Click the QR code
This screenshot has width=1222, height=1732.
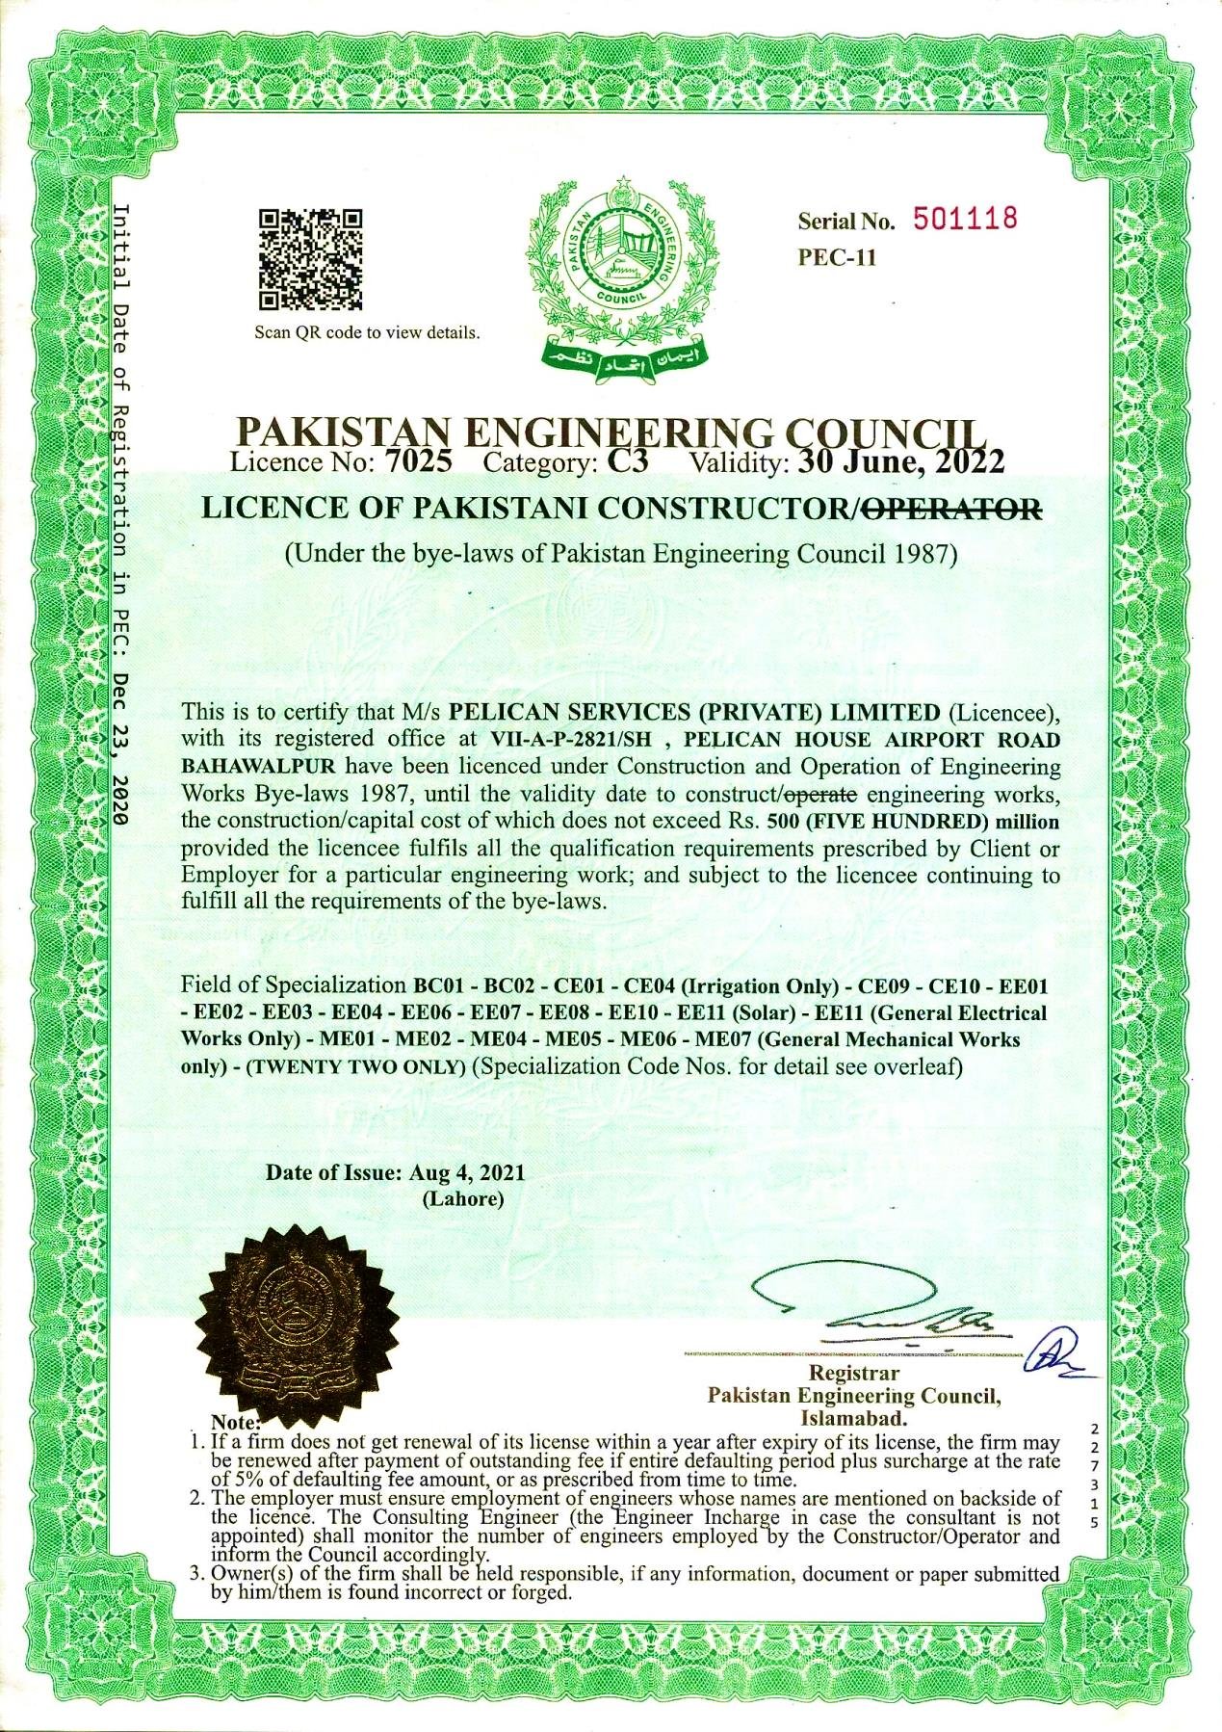pos(312,259)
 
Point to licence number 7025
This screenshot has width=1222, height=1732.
pos(418,461)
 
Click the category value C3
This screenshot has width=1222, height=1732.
pos(629,461)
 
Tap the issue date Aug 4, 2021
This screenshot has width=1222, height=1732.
pos(466,1172)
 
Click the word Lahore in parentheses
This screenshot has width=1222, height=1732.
pos(463,1199)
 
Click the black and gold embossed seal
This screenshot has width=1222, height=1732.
pos(300,1310)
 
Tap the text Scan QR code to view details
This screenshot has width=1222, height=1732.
pos(366,333)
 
